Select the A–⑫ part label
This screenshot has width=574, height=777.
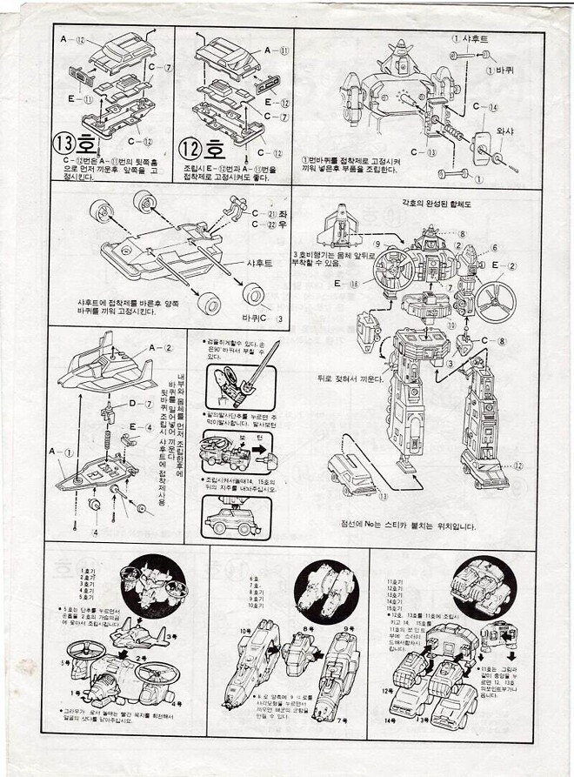click(72, 39)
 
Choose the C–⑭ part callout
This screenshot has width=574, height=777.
click(487, 107)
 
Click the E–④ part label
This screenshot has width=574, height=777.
click(141, 425)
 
